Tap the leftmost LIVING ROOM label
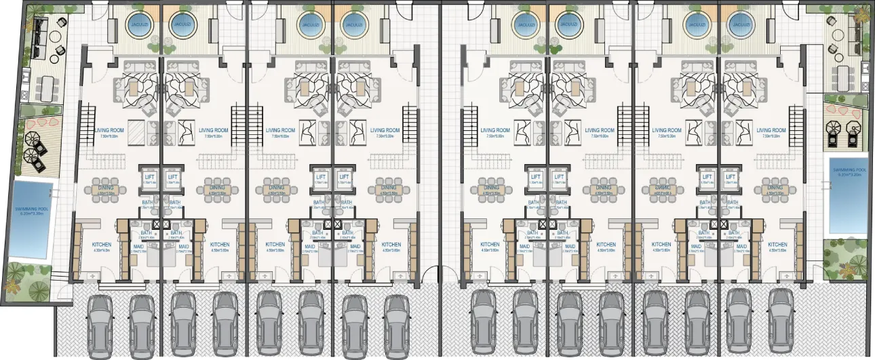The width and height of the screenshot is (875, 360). coord(109,130)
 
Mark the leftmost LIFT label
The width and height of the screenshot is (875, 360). coord(151,178)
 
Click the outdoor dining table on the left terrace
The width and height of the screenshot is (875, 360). coord(47,85)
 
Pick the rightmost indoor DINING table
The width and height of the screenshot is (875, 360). coord(775,188)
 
